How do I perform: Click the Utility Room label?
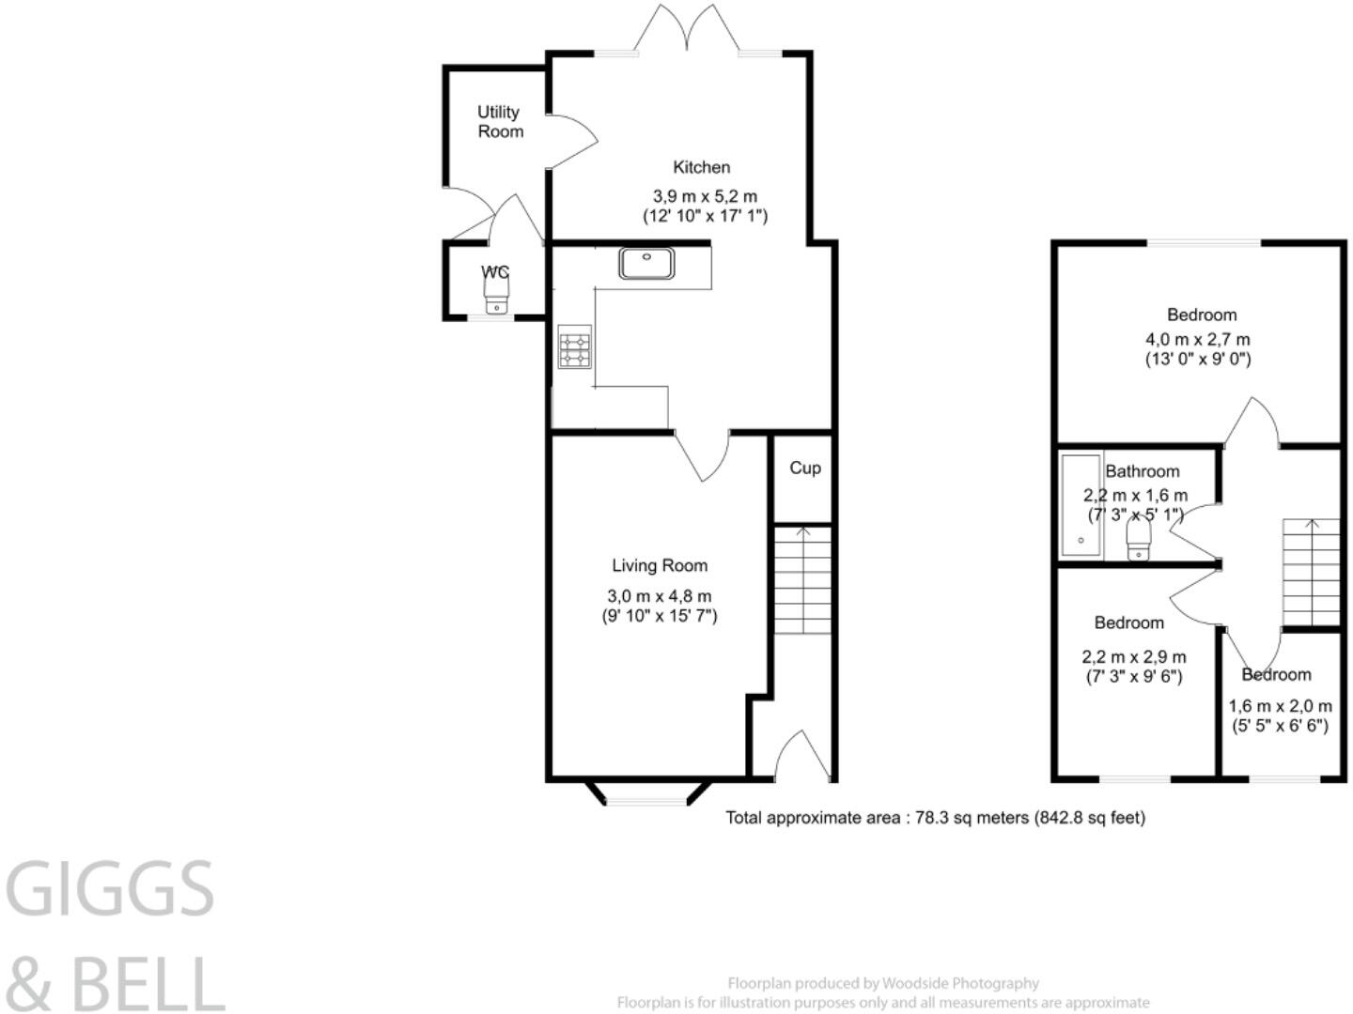coord(499,122)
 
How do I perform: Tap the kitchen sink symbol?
coord(646,263)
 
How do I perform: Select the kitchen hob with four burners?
coord(575,347)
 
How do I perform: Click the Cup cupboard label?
coord(804,468)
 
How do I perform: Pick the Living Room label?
coord(660,565)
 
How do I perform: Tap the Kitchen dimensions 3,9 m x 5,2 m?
coord(705,196)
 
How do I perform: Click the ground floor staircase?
coord(802,580)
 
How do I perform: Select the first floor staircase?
coord(1312,571)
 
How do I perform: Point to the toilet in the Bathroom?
coord(1139,541)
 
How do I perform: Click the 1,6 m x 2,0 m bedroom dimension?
coord(1280,706)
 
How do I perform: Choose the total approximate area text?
coord(935,818)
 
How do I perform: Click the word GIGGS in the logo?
coord(111,890)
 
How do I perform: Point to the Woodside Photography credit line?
coord(883,983)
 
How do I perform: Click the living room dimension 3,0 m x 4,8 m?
coord(660,596)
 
